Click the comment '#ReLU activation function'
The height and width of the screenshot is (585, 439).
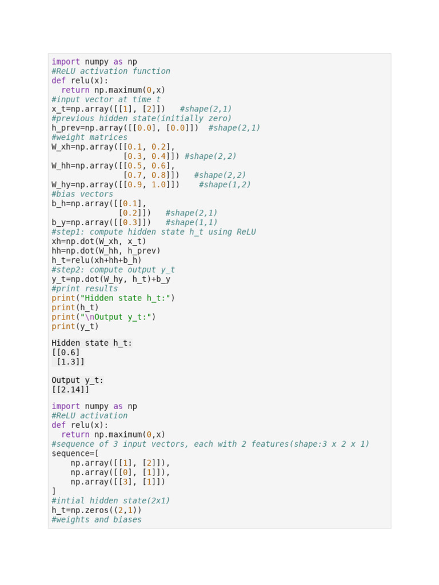111,71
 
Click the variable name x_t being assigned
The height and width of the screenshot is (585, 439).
58,109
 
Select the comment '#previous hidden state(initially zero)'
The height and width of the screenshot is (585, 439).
142,119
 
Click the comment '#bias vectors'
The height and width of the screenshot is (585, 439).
82,194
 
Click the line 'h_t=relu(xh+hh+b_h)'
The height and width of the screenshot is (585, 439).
97,261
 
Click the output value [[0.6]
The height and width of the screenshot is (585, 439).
66,352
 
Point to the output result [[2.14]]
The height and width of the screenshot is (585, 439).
70,390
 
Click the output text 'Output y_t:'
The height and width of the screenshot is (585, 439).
78,380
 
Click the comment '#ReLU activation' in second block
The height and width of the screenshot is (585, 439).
89,416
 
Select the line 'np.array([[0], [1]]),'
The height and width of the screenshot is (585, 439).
121,472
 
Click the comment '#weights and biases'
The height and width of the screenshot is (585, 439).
97,520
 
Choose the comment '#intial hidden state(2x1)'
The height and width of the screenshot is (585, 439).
111,501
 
